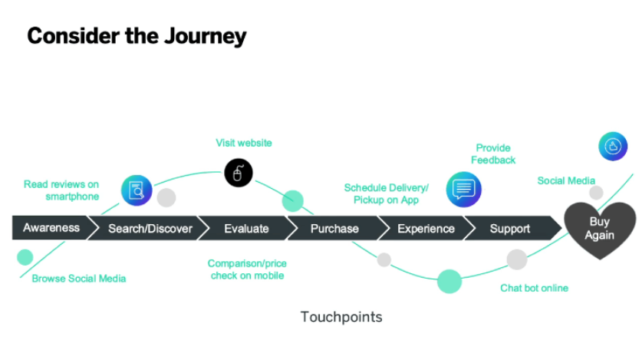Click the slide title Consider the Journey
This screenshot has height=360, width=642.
[137, 35]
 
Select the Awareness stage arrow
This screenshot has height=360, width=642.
[51, 228]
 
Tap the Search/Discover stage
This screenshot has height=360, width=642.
[150, 228]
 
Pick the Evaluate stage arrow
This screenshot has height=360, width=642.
[246, 228]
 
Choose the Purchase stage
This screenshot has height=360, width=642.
[334, 228]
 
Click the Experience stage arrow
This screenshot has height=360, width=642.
[426, 228]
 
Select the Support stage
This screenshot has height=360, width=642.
[510, 228]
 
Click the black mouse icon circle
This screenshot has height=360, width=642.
[238, 173]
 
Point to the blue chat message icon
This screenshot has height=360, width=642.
[463, 189]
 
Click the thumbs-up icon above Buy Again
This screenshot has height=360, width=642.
[613, 145]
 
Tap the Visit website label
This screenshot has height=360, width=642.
[244, 143]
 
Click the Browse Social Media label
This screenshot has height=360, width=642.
[79, 279]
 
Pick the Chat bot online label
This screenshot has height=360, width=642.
[534, 288]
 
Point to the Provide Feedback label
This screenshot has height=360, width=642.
[493, 154]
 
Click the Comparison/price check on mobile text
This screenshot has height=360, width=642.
[247, 269]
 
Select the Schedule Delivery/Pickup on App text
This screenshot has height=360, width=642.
[386, 193]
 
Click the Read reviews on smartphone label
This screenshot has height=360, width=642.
[61, 190]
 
